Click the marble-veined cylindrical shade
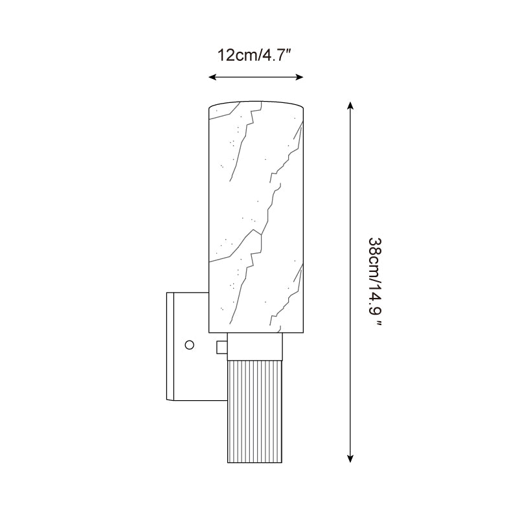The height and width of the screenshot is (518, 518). click(x=256, y=214)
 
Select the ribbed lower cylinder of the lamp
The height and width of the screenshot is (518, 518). click(x=256, y=408)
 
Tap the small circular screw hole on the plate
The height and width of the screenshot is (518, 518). click(x=189, y=345)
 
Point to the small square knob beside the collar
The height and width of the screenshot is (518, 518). click(x=221, y=348)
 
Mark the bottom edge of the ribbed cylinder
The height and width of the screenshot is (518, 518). click(x=256, y=462)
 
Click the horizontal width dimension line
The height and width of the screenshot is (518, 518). click(x=256, y=77)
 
